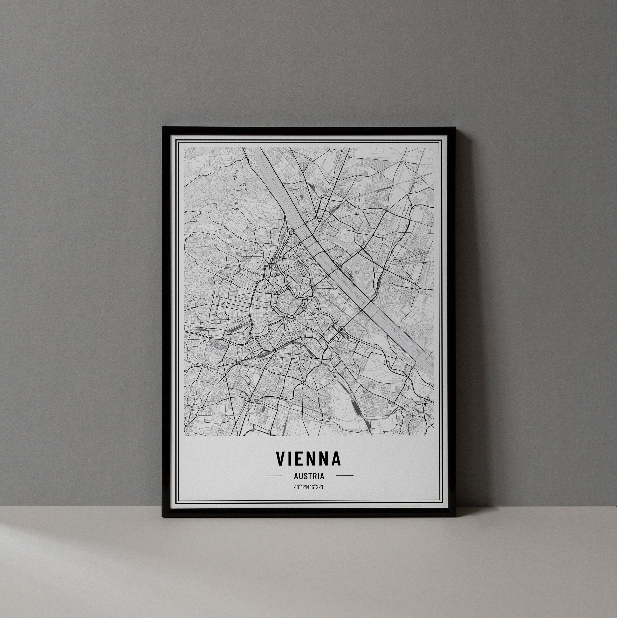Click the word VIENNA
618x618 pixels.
pos(309,459)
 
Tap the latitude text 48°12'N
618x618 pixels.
pos(301,487)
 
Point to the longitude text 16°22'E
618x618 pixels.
pos(317,487)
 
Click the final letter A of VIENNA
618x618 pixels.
pos(336,459)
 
